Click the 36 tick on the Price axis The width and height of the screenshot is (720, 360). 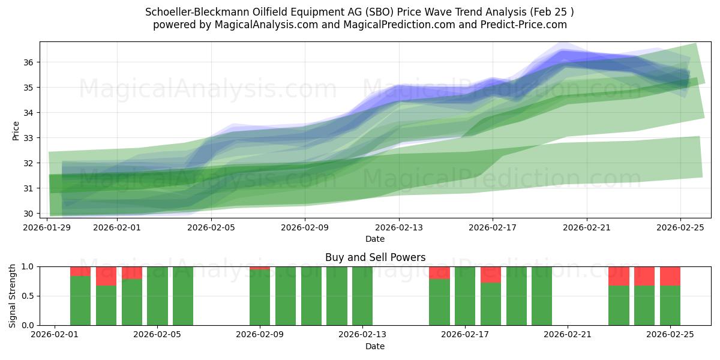click(x=29, y=62)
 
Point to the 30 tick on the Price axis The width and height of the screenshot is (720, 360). click(x=29, y=214)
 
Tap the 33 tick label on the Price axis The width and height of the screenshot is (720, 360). click(x=29, y=138)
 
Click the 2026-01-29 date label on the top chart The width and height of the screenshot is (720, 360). click(x=47, y=227)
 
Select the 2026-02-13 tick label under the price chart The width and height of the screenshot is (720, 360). click(x=399, y=227)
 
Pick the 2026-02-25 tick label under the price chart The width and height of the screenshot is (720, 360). click(x=680, y=227)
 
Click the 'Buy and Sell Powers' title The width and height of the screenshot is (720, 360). click(x=375, y=257)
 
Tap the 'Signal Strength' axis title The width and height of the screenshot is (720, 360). click(x=13, y=296)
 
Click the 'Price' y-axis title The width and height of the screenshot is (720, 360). click(x=16, y=130)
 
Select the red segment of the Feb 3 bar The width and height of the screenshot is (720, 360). click(x=106, y=276)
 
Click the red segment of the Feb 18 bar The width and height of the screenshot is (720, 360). click(x=490, y=274)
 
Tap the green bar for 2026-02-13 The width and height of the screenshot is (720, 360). click(x=362, y=296)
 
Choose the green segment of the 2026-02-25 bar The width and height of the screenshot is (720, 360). click(x=670, y=305)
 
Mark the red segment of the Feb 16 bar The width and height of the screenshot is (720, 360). click(x=439, y=272)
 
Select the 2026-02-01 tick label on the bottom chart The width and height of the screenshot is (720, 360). click(x=55, y=335)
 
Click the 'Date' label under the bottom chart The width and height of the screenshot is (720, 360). click(x=375, y=346)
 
